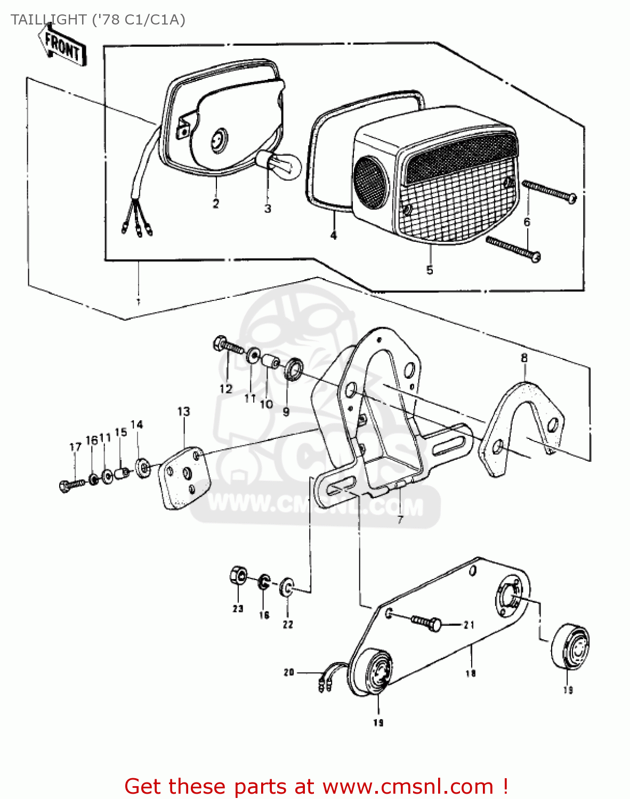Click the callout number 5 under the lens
[x=430, y=270]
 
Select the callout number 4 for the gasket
[x=334, y=235]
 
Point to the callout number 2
[x=215, y=203]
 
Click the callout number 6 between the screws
[x=527, y=222]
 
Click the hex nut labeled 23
[x=238, y=576]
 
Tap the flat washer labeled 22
[x=287, y=587]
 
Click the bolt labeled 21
[x=426, y=622]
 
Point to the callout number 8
[x=524, y=358]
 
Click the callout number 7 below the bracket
[x=400, y=519]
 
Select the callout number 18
[x=470, y=673]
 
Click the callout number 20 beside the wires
[x=289, y=672]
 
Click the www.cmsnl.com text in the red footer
[x=408, y=786]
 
